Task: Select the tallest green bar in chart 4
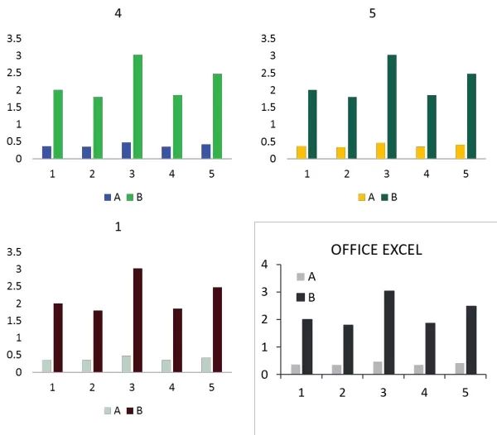click(x=138, y=107)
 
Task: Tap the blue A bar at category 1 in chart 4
click(x=46, y=152)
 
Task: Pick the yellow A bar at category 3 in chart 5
click(x=380, y=151)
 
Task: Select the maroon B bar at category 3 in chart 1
click(x=138, y=320)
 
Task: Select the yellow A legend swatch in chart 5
click(x=361, y=197)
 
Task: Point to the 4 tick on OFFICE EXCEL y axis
click(x=266, y=265)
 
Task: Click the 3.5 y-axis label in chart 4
click(x=14, y=38)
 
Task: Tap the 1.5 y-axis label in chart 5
click(x=268, y=107)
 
